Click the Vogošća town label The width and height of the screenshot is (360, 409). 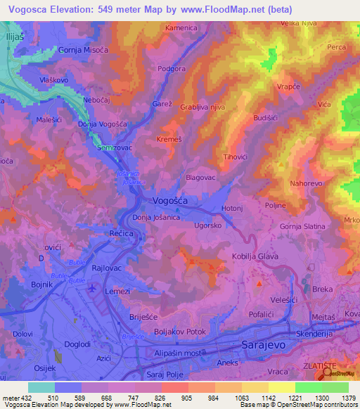[169, 200]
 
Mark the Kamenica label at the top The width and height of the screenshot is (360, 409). [181, 27]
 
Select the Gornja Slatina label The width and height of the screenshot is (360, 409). [302, 226]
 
